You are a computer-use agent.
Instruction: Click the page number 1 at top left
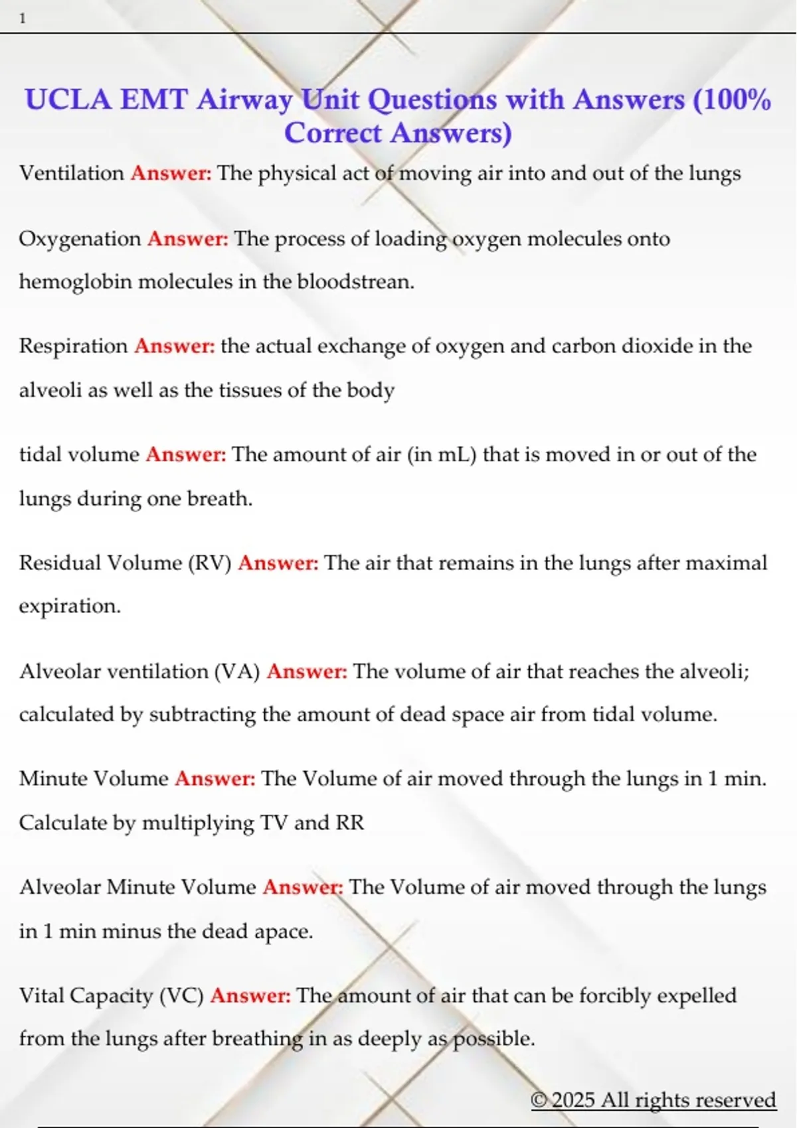click(23, 19)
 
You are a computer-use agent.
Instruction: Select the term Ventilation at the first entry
click(72, 173)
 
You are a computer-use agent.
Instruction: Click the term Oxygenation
click(80, 239)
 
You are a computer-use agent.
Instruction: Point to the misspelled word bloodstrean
click(355, 282)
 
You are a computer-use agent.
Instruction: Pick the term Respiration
click(73, 346)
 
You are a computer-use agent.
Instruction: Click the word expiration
click(70, 606)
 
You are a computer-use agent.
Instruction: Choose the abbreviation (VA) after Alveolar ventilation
click(237, 671)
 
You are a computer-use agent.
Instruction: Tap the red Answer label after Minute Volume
click(215, 779)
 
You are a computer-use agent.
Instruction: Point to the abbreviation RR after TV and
click(350, 823)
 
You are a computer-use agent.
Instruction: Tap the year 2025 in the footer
click(573, 1100)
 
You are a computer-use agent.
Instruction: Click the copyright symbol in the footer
click(539, 1100)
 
